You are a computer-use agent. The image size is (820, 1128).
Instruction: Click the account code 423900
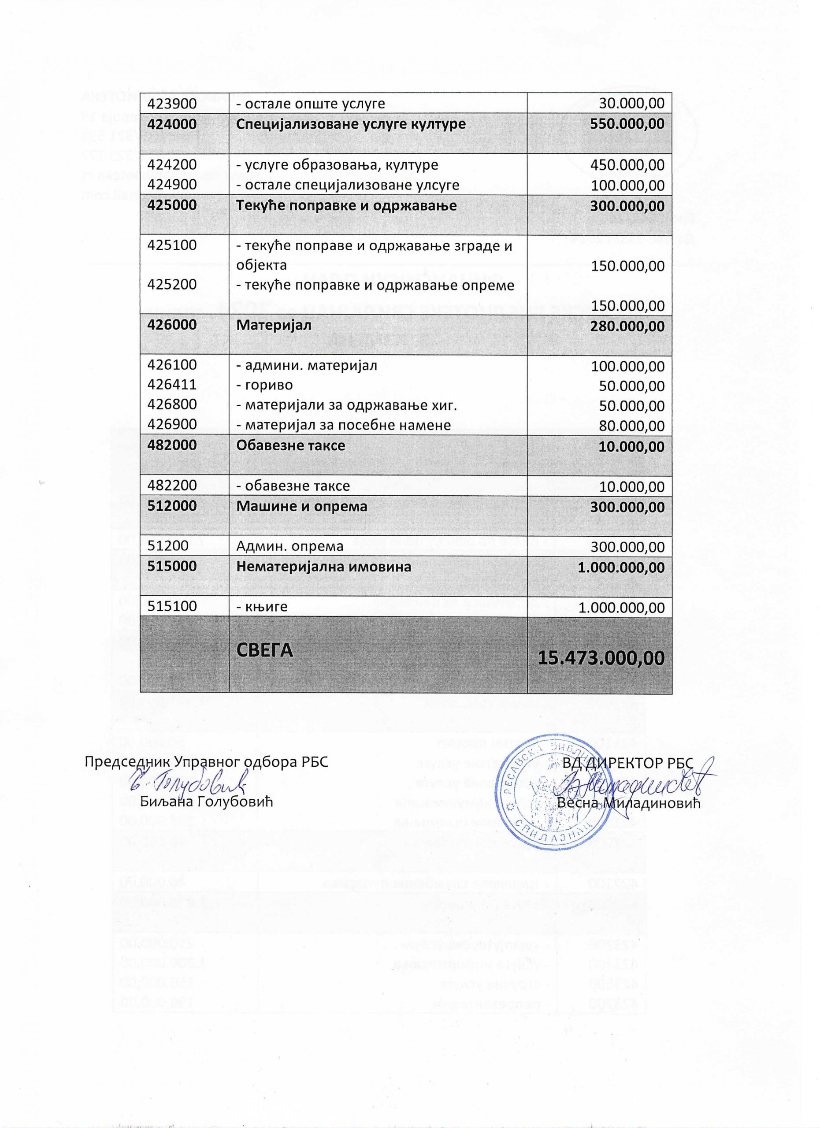click(x=171, y=104)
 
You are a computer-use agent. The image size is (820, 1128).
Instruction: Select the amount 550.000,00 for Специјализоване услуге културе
click(x=627, y=124)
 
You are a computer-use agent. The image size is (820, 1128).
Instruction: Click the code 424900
click(x=171, y=185)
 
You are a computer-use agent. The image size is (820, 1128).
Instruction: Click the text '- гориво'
click(x=264, y=386)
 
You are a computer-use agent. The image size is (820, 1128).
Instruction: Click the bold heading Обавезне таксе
click(x=290, y=445)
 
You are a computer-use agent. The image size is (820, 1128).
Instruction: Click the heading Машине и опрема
click(x=301, y=506)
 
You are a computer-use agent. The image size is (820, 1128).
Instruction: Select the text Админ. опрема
click(x=289, y=546)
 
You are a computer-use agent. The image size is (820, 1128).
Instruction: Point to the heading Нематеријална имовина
click(x=323, y=567)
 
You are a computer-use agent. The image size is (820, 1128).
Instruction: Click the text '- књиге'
click(x=262, y=607)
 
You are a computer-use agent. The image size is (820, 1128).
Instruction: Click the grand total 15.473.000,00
click(x=601, y=658)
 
